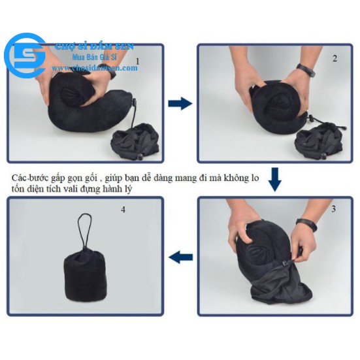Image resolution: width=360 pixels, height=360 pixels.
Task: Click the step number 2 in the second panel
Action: click(x=335, y=58)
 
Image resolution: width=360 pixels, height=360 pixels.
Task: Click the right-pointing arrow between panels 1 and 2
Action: click(x=180, y=103)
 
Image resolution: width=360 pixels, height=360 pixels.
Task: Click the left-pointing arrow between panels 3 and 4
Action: click(x=180, y=257)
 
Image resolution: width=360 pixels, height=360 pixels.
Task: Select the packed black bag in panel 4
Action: click(x=84, y=275)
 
